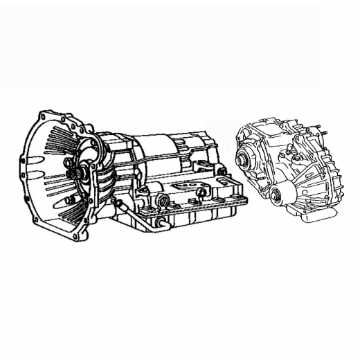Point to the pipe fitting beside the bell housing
point(118,203)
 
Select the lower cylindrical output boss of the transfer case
point(278,195)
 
